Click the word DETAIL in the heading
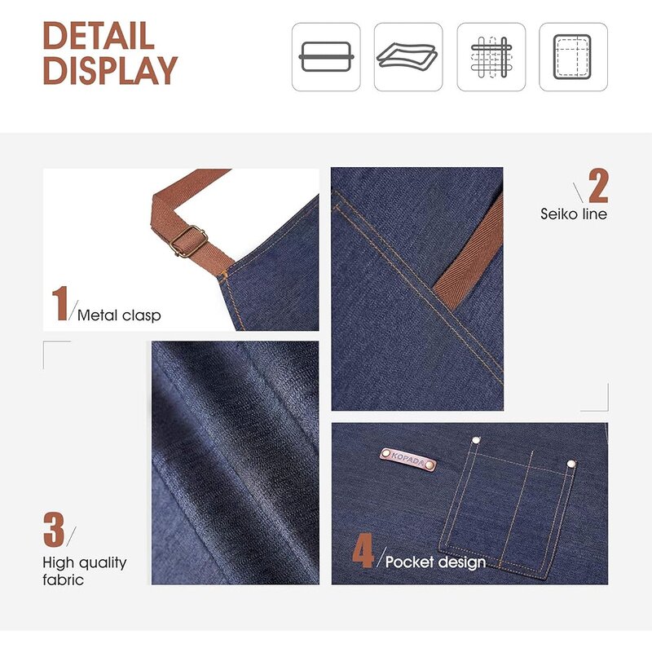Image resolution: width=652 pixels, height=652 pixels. point(99,36)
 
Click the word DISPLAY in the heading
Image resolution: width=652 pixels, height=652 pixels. point(110,70)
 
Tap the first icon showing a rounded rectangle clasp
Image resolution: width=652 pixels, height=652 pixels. point(326,56)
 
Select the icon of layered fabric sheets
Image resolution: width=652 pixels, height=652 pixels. point(407,56)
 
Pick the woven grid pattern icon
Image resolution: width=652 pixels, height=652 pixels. point(491,56)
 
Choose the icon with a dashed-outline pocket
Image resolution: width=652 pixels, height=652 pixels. point(573,56)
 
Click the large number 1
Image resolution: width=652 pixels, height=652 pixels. point(59,302)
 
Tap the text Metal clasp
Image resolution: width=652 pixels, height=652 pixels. point(119,315)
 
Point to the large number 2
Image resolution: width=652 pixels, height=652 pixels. point(597,187)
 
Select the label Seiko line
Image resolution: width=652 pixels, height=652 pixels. point(574,214)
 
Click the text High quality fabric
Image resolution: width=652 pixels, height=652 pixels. point(84,571)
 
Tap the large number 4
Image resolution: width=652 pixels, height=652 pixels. point(363,551)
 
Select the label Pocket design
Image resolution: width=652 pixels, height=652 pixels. point(435,562)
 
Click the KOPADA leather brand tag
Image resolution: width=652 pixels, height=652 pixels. point(407,459)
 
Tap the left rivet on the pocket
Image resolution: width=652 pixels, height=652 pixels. point(474,440)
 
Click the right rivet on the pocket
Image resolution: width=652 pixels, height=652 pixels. point(570,465)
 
